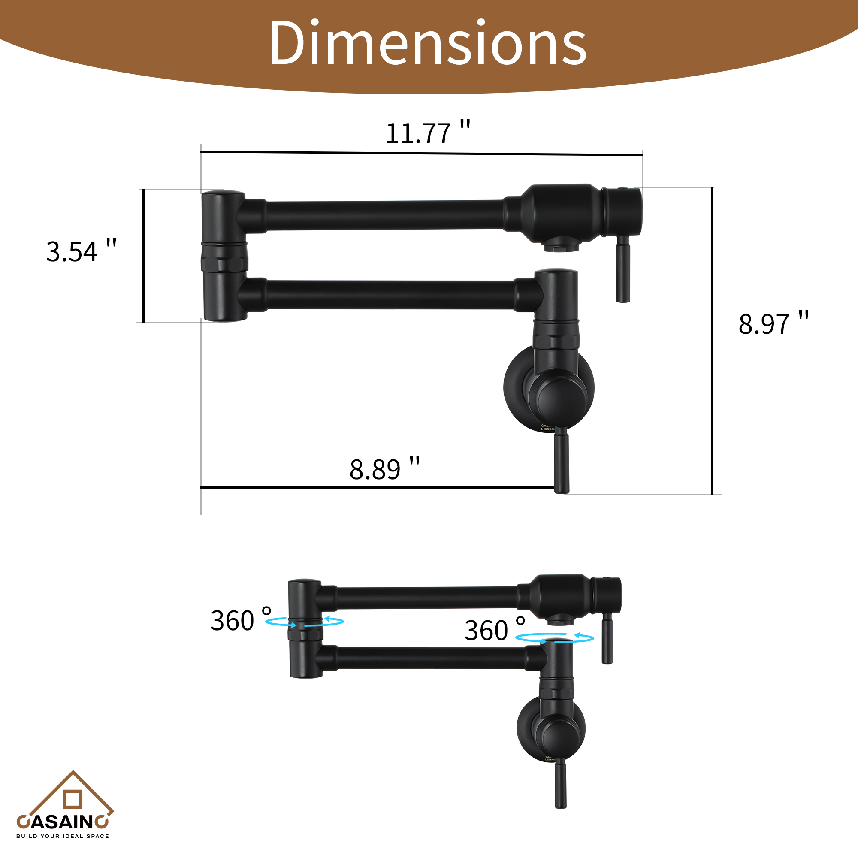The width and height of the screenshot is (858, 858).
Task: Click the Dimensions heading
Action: click(x=428, y=43)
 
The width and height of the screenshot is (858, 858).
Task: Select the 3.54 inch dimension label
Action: click(x=81, y=251)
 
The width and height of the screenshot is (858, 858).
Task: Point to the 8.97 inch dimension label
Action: click(x=773, y=323)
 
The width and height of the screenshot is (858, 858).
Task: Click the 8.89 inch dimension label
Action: click(x=384, y=469)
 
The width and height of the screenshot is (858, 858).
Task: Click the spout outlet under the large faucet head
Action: click(x=561, y=245)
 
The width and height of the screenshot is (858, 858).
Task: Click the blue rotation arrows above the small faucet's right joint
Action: click(x=554, y=638)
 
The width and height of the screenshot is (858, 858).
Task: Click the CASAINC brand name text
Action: click(x=63, y=822)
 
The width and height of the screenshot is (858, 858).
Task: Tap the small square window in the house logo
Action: click(x=73, y=799)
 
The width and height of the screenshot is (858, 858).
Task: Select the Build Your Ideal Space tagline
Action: click(x=63, y=836)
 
